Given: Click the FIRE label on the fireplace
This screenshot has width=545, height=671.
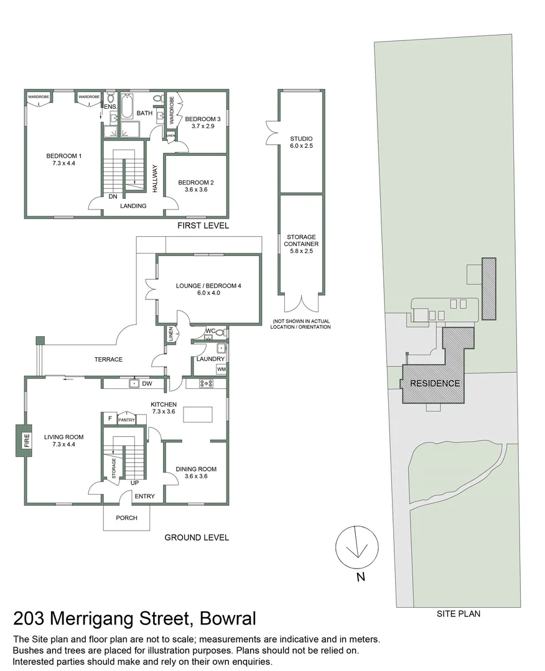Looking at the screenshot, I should (26, 441).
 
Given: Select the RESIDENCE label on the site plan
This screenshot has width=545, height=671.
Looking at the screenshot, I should (435, 383).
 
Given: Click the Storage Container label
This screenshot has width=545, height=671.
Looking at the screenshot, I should (301, 240).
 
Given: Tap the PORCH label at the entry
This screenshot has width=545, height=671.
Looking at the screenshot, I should (126, 518).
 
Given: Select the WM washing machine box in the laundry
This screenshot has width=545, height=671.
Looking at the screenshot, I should (221, 369).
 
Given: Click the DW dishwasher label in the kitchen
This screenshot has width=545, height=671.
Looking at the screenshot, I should (147, 384).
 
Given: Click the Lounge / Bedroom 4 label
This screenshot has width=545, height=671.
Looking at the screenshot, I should (198, 289).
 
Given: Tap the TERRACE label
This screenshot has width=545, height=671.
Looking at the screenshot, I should (108, 359).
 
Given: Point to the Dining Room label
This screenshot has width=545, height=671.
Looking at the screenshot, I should (195, 473).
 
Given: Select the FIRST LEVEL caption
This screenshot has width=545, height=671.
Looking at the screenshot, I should (203, 226).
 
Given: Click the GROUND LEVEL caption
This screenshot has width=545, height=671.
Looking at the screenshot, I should (196, 537).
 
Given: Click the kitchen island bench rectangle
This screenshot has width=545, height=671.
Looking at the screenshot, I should (198, 413).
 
